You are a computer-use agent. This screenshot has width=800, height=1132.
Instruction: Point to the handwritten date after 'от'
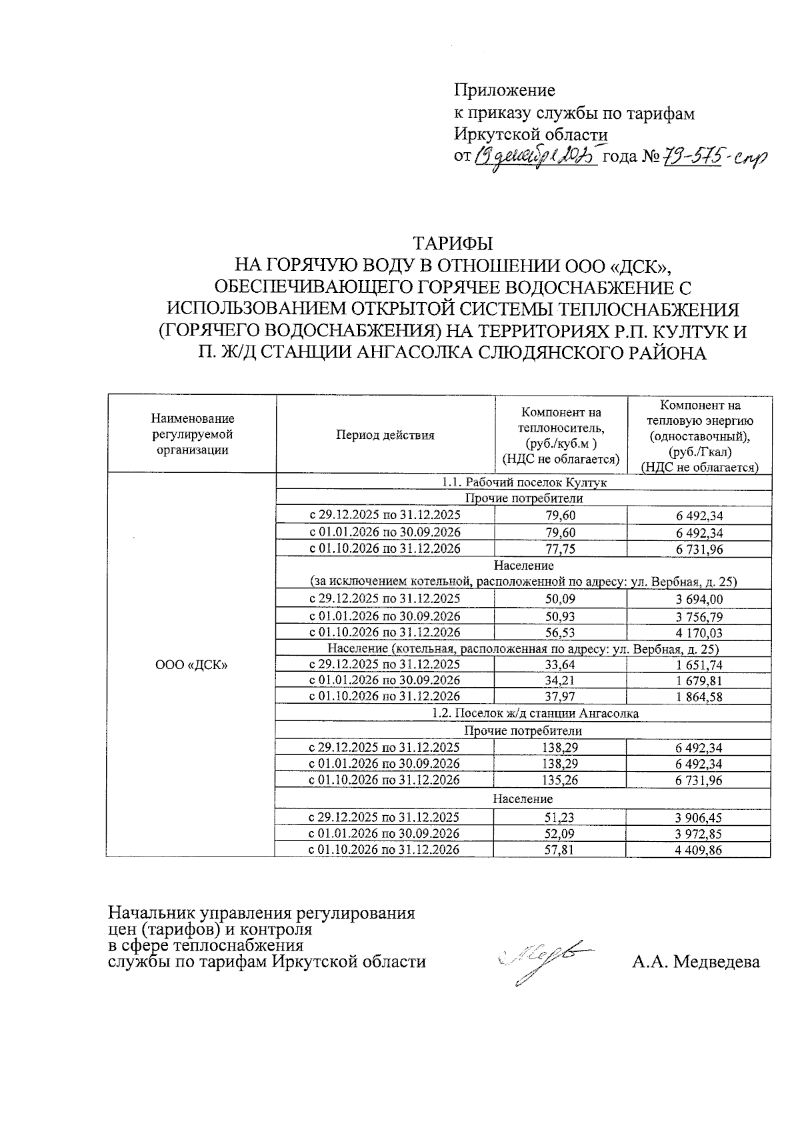pos(535,157)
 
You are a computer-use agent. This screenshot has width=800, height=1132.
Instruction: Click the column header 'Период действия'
pos(385,436)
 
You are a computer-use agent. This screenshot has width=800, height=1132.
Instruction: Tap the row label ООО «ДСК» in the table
pos(191,664)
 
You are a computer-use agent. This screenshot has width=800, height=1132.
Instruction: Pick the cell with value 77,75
pos(560,549)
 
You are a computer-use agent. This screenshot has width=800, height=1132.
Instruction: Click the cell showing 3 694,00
pos(699,599)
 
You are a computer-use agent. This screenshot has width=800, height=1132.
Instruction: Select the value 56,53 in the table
pos(560,632)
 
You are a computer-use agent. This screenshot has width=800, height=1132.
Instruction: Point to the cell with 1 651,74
pos(699,664)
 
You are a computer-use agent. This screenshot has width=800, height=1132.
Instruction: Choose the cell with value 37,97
pos(560,696)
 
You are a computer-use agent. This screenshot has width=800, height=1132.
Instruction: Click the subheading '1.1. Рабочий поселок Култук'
pos(524,482)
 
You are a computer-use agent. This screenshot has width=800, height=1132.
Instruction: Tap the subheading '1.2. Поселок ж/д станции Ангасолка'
pos(524,713)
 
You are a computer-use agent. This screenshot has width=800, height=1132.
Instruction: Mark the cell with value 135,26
pos(560,780)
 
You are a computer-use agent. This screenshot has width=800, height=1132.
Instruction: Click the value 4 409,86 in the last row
pos(699,850)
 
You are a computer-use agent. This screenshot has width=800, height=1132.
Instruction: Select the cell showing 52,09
pos(560,833)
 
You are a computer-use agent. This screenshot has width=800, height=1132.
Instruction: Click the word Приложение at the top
pos(504,89)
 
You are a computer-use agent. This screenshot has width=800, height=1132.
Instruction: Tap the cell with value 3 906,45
pos(699,817)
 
